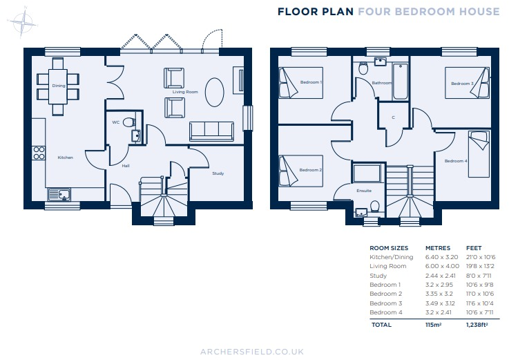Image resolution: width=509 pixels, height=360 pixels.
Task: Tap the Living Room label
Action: click(185, 91)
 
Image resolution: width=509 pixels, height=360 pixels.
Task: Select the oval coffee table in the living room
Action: click(215, 91)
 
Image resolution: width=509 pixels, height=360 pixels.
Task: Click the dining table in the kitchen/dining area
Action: click(58, 86)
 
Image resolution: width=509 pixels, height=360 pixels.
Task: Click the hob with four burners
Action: click(39, 153)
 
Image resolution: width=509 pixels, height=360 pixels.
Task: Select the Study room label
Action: click(218, 173)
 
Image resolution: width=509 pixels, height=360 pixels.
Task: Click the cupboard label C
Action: click(393, 117)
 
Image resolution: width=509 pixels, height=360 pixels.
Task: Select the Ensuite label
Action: click(364, 190)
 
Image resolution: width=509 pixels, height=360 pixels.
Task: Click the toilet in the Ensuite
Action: click(374, 207)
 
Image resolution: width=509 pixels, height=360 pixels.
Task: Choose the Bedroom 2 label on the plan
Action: click(311, 170)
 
